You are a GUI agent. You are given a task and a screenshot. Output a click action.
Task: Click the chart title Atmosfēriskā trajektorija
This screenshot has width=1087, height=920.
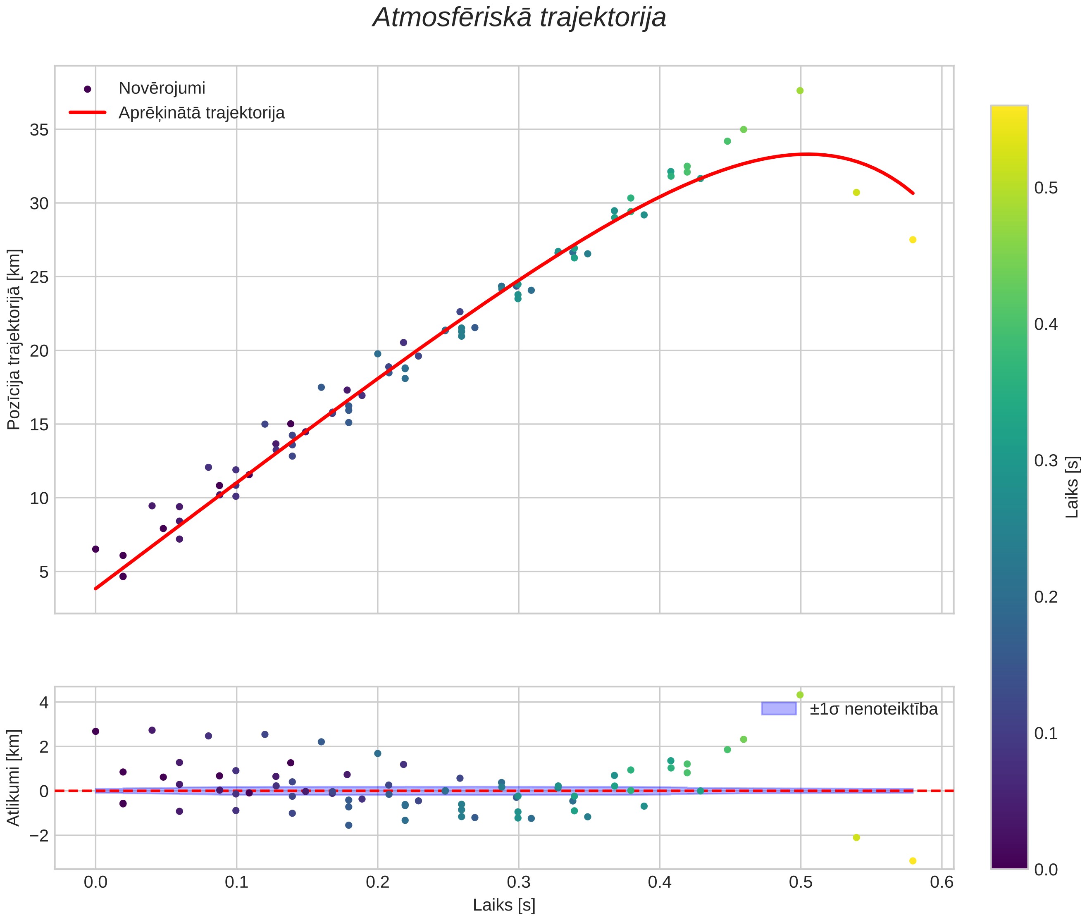coord(519,18)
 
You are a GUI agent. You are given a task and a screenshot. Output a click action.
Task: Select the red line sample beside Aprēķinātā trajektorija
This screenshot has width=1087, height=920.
coord(88,113)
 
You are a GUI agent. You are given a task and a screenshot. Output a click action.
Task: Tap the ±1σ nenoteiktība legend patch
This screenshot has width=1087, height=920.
coord(778,708)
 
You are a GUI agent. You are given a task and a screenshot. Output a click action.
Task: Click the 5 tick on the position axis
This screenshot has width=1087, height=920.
coord(43,572)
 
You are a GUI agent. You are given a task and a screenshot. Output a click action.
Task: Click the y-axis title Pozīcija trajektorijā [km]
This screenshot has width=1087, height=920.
coord(14,340)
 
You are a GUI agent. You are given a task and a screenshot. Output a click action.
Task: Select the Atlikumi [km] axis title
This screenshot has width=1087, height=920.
coord(14,778)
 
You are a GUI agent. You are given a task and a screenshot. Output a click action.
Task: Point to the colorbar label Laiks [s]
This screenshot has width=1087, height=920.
coord(1071,487)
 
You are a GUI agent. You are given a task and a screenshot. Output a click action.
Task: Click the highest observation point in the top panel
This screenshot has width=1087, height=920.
coord(800,91)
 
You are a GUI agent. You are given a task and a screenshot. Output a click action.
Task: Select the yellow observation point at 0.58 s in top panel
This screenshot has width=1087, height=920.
coord(912,240)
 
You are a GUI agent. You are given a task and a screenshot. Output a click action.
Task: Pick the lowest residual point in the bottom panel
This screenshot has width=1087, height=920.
coord(912,861)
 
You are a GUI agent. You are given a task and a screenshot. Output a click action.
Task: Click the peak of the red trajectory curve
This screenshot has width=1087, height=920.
coord(806,154)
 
